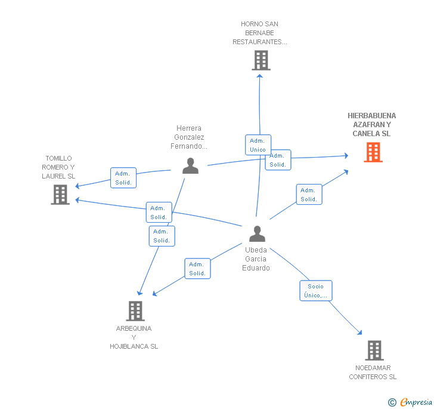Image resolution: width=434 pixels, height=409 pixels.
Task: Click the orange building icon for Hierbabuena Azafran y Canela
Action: pyautogui.click(x=373, y=152)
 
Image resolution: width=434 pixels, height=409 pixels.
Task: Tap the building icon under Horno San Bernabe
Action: pyautogui.click(x=261, y=60)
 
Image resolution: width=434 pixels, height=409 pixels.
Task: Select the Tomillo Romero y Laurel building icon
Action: pyautogui.click(x=60, y=195)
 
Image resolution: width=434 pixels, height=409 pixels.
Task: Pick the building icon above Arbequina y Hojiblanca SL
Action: pyautogui.click(x=135, y=310)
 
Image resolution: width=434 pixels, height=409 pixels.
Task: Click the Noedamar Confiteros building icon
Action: pyautogui.click(x=374, y=350)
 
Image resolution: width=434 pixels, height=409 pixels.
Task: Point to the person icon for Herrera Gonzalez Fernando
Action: pyautogui.click(x=190, y=165)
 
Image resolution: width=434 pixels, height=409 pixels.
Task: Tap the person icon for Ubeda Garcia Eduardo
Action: pyautogui.click(x=257, y=233)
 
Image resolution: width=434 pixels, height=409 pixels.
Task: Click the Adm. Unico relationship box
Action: pyautogui.click(x=258, y=145)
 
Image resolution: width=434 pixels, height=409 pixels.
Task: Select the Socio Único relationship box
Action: pyautogui.click(x=315, y=291)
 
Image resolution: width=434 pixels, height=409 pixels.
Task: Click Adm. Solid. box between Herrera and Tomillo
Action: pyautogui.click(x=123, y=178)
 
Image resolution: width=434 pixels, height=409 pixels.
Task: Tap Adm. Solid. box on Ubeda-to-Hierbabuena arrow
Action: pyautogui.click(x=309, y=195)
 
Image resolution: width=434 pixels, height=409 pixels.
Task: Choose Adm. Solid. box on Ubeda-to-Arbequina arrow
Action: pyautogui.click(x=197, y=269)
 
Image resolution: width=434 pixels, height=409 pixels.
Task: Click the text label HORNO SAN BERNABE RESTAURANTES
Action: pyautogui.click(x=260, y=33)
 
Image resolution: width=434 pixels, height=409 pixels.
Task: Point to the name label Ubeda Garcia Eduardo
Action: pyautogui.click(x=256, y=259)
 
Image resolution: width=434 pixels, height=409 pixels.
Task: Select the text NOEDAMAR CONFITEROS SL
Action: pyautogui.click(x=373, y=373)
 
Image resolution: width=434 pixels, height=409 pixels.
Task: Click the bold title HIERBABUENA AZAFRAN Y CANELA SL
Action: pyautogui.click(x=372, y=125)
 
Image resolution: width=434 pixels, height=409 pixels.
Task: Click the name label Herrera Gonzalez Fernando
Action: pyautogui.click(x=189, y=137)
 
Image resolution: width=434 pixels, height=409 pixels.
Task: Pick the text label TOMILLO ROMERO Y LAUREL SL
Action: pyautogui.click(x=58, y=167)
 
